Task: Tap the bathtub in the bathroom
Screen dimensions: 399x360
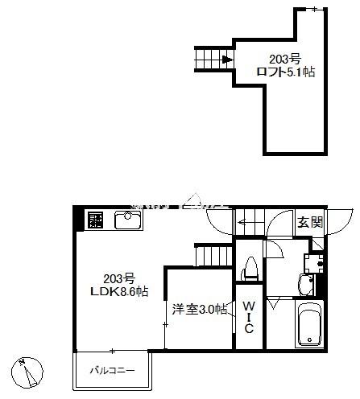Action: (x=308, y=326)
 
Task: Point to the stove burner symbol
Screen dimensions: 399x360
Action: (x=96, y=220)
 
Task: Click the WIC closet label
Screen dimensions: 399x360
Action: (x=250, y=316)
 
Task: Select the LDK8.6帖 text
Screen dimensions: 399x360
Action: (x=118, y=291)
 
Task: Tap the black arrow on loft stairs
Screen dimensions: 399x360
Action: (x=228, y=60)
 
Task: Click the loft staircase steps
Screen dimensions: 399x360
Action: (x=209, y=60)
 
